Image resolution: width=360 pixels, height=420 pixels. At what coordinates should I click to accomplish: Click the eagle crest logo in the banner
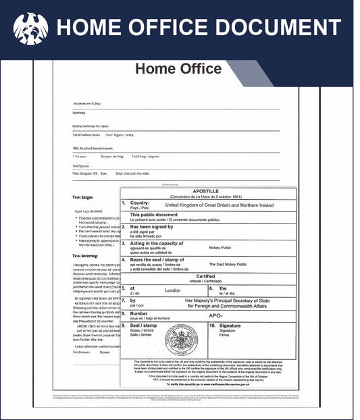[x=30, y=28]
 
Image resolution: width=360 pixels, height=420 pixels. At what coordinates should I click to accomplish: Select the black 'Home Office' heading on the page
[x=178, y=69]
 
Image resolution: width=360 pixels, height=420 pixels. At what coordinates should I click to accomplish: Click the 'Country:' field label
[x=140, y=203]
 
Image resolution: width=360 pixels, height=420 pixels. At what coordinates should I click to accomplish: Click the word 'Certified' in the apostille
[x=206, y=276]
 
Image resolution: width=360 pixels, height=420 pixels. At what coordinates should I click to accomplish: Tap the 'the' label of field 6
[x=223, y=288]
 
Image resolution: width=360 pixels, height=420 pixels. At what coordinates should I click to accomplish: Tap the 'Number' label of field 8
[x=139, y=313]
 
